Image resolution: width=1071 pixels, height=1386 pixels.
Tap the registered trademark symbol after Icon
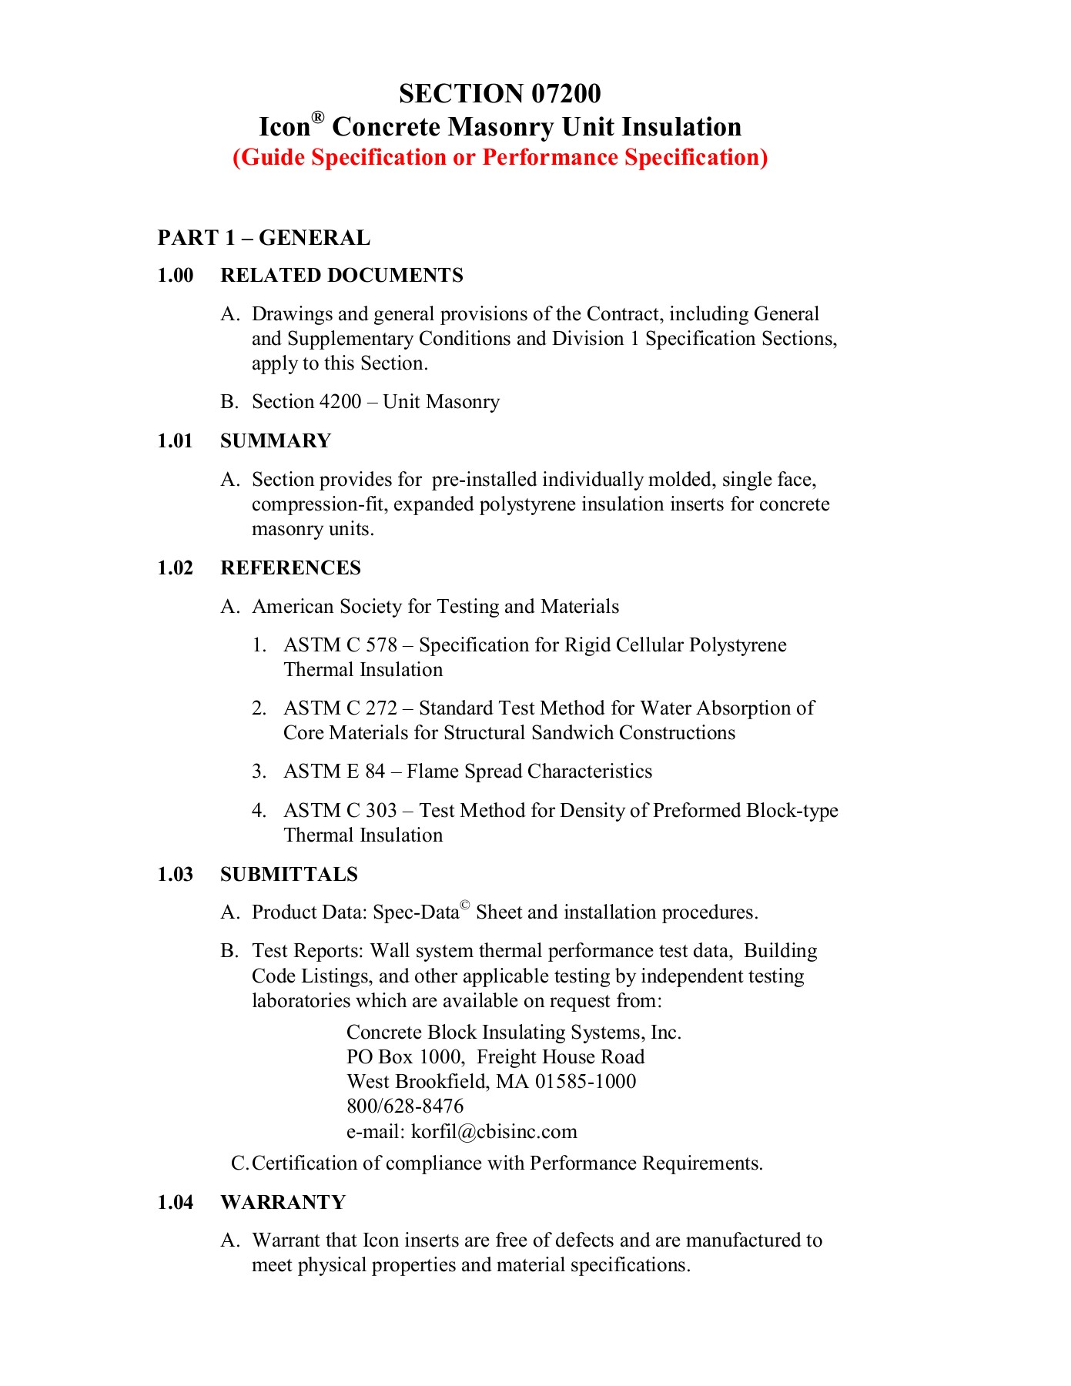tap(318, 118)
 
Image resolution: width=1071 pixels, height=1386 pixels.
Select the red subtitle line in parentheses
tap(500, 157)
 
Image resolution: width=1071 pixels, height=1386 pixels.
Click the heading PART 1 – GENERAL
tap(264, 238)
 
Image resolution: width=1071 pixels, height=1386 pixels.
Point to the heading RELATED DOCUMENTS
tap(342, 276)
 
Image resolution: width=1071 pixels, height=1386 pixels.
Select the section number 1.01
tap(176, 441)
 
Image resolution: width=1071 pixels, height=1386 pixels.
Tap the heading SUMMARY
tap(276, 441)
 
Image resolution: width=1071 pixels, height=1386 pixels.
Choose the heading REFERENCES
tap(290, 568)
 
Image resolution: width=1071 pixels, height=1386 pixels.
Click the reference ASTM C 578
tap(340, 645)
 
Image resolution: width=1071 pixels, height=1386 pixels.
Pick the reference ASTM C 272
tap(340, 708)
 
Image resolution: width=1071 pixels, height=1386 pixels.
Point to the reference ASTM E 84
tap(334, 772)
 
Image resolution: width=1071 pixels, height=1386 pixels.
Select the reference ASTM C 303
tap(340, 811)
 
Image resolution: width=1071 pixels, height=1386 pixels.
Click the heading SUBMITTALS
tap(289, 875)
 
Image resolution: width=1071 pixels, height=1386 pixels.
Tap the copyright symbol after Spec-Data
tap(464, 906)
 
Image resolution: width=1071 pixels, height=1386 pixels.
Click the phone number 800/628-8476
tap(405, 1106)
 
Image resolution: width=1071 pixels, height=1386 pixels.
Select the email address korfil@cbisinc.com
tap(494, 1132)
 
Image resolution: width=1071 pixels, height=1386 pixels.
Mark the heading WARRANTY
tap(283, 1203)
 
